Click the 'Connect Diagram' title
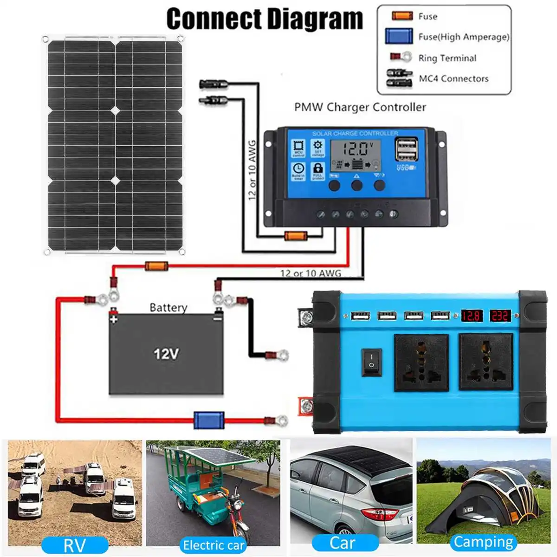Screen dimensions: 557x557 coord(264,19)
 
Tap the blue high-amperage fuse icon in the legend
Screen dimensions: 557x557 coord(399,36)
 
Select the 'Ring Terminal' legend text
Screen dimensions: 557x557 coord(447,58)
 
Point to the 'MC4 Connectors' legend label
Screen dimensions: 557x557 coord(453,78)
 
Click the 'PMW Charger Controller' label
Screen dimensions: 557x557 coord(360,107)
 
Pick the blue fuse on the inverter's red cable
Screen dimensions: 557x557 coord(208,420)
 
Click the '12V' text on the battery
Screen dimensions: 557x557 coord(166,354)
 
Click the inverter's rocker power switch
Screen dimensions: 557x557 coord(371,362)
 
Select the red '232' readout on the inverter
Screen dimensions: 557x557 coord(499,316)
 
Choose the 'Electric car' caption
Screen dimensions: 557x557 coord(214,545)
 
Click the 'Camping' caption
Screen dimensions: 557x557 coord(483,542)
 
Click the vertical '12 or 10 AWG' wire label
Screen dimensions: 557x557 coord(253,170)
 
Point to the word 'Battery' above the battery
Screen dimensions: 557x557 coord(168,307)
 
